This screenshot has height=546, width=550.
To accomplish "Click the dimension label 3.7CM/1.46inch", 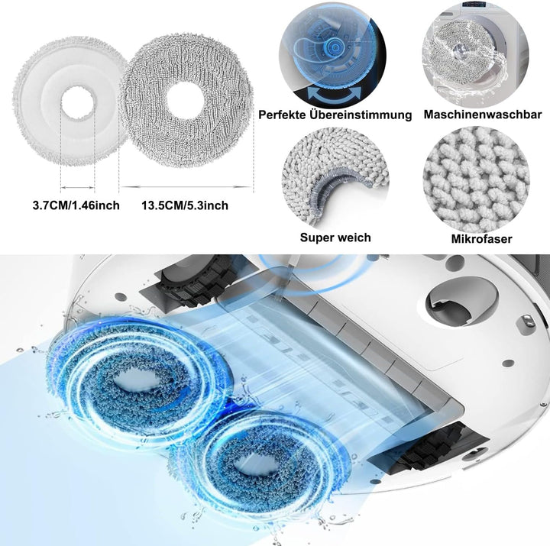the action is (76, 205).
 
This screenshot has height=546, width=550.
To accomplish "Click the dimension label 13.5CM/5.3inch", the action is (185, 205).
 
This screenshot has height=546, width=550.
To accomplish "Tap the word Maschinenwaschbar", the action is (483, 115).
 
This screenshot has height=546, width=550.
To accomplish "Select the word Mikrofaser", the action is (481, 239).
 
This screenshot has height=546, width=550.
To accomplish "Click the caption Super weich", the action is (335, 237).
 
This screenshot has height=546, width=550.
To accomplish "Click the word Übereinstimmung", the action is (361, 115).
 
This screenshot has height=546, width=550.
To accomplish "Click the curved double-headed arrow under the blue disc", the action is (335, 95).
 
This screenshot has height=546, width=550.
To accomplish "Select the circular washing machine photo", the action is (475, 53).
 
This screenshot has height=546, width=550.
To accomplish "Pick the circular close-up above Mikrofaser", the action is (476, 179).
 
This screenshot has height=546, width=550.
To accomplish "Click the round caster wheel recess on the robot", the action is (462, 302).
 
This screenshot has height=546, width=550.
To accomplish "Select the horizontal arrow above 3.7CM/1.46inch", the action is (77, 188).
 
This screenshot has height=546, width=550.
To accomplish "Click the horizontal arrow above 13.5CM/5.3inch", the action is (186, 187).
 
